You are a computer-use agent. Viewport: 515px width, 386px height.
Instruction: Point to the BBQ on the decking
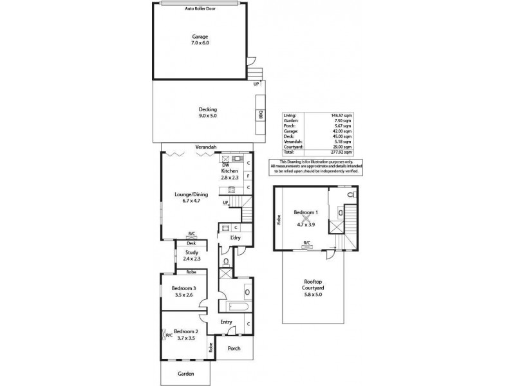[261, 113]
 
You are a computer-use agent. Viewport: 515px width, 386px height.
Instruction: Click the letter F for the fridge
[248, 175]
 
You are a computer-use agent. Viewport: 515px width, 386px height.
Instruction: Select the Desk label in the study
[191, 244]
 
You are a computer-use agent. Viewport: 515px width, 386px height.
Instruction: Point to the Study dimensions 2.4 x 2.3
[191, 258]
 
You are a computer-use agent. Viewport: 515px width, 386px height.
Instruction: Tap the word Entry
[226, 322]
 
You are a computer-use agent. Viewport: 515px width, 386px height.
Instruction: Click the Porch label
[234, 349]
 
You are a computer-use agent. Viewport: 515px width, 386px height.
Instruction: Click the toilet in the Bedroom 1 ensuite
[350, 194]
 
